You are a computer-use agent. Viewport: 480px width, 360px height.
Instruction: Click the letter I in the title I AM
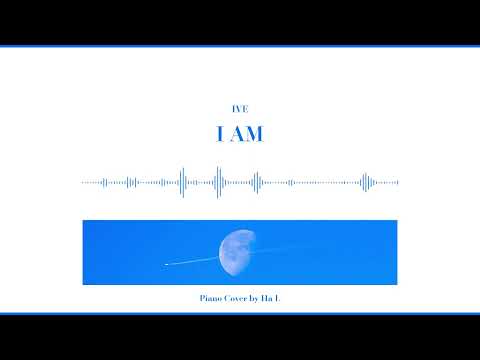pyautogui.click(x=221, y=134)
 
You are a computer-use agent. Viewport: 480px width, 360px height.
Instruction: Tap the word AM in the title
pyautogui.click(x=248, y=134)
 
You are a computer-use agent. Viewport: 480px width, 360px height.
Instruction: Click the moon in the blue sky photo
pyautogui.click(x=238, y=252)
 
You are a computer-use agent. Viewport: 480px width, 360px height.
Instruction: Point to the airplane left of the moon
pyautogui.click(x=166, y=264)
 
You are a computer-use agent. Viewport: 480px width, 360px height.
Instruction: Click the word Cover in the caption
pyautogui.click(x=234, y=298)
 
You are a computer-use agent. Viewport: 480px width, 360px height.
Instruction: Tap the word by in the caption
pyautogui.click(x=253, y=298)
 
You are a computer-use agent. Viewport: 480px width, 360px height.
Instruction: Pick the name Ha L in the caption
pyautogui.click(x=270, y=298)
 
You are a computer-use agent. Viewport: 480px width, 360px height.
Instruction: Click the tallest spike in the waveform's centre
pyautogui.click(x=218, y=182)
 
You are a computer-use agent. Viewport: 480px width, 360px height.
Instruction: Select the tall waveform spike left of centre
pyautogui.click(x=182, y=182)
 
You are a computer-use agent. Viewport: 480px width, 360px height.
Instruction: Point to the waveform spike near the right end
pyautogui.click(x=365, y=182)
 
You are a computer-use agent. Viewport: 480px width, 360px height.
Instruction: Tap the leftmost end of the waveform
pyautogui.click(x=83, y=182)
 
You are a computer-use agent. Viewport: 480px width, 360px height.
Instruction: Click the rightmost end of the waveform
pyautogui.click(x=397, y=182)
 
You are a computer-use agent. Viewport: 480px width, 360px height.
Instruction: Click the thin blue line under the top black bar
pyautogui.click(x=240, y=46)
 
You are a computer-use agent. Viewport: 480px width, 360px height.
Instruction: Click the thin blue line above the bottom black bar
pyautogui.click(x=240, y=313)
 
